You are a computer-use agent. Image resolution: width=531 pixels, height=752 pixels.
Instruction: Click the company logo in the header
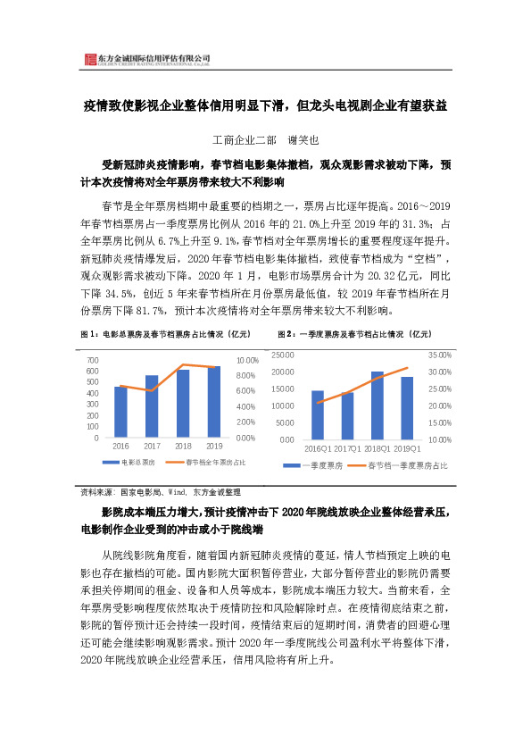click(89, 60)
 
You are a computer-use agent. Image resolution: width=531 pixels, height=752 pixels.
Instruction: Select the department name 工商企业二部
click(240, 140)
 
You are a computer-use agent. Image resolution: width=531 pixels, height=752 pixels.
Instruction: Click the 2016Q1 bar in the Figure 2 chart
click(317, 414)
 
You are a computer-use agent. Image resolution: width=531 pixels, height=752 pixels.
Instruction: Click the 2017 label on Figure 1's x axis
click(152, 446)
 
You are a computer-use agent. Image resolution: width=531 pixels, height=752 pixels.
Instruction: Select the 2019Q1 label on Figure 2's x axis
click(407, 447)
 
